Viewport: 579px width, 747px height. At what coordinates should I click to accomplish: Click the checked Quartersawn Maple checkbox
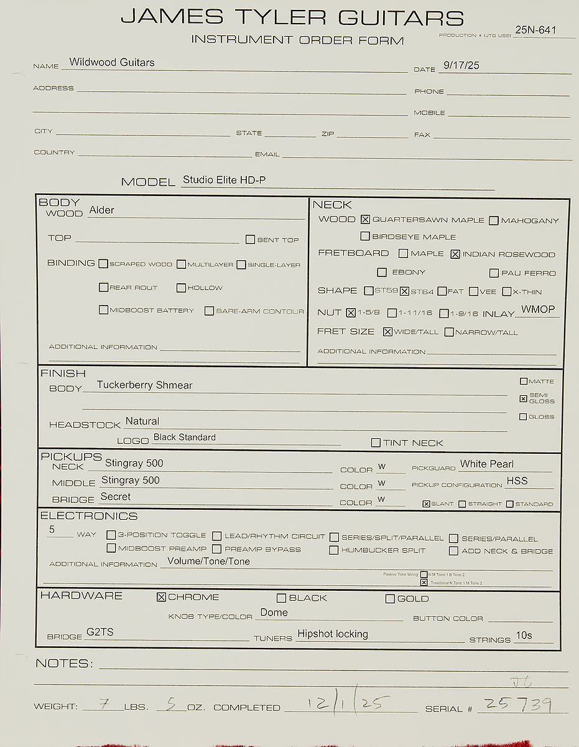pyautogui.click(x=365, y=219)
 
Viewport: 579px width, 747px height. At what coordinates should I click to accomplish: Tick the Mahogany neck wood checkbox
pyautogui.click(x=494, y=220)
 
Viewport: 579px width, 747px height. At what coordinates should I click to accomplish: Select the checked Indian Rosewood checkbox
pyautogui.click(x=455, y=254)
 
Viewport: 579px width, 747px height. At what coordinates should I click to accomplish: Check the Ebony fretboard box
pyautogui.click(x=382, y=272)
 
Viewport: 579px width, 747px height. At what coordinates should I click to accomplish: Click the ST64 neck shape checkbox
pyautogui.click(x=404, y=291)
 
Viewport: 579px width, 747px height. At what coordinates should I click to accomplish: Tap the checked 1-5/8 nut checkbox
pyautogui.click(x=351, y=312)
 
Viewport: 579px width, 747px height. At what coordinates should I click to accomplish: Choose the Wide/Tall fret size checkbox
pyautogui.click(x=388, y=332)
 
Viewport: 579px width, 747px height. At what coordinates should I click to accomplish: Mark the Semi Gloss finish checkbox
pyautogui.click(x=523, y=398)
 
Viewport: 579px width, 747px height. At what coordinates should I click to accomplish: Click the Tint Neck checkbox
pyautogui.click(x=376, y=443)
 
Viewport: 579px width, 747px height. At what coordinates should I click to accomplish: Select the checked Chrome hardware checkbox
pyautogui.click(x=162, y=597)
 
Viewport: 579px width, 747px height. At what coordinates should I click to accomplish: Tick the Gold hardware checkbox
pyautogui.click(x=390, y=599)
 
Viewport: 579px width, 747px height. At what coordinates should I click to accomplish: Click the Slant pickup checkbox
pyautogui.click(x=426, y=504)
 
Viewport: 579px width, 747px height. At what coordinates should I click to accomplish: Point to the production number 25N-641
pyautogui.click(x=535, y=29)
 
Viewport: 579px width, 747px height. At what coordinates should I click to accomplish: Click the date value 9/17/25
pyautogui.click(x=462, y=65)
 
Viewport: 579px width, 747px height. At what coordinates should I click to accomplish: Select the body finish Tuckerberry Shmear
pyautogui.click(x=144, y=385)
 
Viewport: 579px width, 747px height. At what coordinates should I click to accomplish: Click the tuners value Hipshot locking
pyautogui.click(x=332, y=634)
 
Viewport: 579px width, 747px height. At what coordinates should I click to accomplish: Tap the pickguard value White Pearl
pyautogui.click(x=487, y=464)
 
